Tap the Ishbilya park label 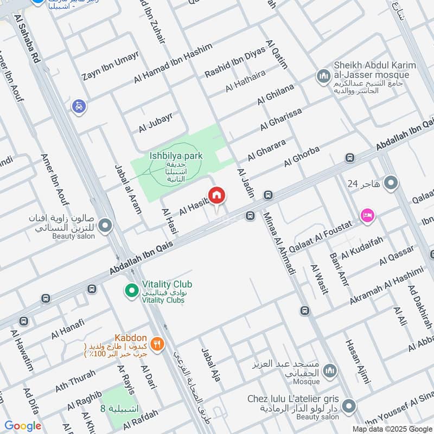(x=176, y=156)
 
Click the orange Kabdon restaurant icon (x=157, y=343)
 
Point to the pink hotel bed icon (x=367, y=216)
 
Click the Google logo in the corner (x=23, y=426)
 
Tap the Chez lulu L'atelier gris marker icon (x=349, y=405)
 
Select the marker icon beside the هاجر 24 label (x=390, y=183)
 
